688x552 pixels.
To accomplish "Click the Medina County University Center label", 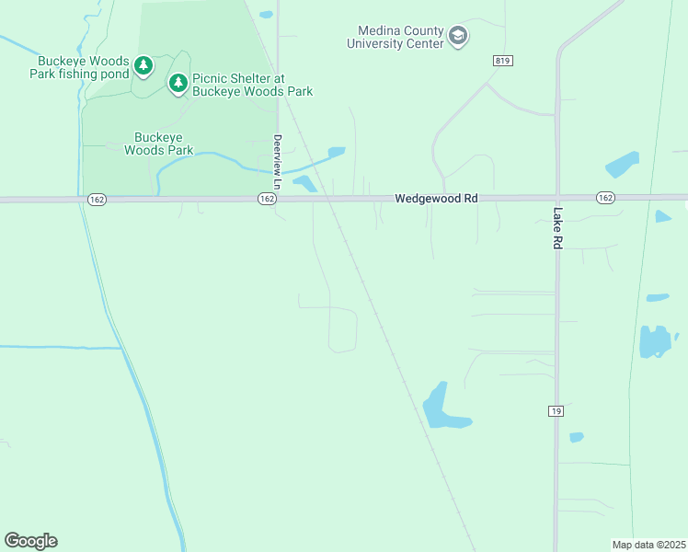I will [396, 37].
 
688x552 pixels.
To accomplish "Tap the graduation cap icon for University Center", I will [458, 37].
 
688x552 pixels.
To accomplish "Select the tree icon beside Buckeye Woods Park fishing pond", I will [143, 65].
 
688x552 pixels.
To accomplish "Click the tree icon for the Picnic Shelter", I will [178, 84].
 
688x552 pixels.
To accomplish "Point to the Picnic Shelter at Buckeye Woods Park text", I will [252, 85].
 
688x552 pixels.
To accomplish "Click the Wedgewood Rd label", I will [437, 198].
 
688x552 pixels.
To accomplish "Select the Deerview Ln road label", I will [276, 156].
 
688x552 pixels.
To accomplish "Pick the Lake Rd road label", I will [557, 227].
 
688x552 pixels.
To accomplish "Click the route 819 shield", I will [501, 61].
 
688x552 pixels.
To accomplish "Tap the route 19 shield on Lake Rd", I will [556, 410].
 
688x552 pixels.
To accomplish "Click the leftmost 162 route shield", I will [97, 199].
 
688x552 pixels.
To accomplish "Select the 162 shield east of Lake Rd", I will [604, 198].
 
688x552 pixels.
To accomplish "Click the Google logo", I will [30, 540].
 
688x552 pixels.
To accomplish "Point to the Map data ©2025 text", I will [648, 545].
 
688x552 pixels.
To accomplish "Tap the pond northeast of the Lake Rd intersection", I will [622, 164].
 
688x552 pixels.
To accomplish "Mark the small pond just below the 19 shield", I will [576, 437].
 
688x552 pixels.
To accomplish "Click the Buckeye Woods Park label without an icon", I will [158, 143].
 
